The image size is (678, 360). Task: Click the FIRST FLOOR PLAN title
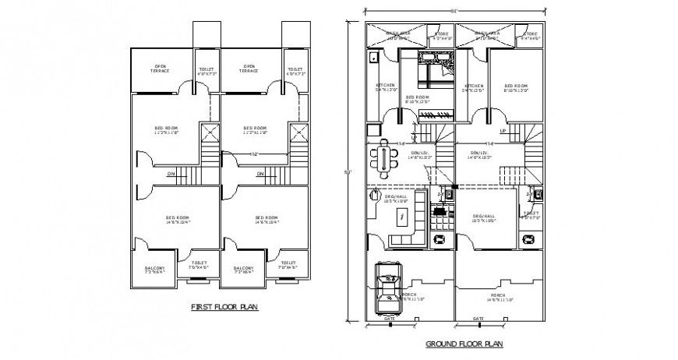(224, 308)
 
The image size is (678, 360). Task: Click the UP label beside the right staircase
(503, 131)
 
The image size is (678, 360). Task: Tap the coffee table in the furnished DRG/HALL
(401, 215)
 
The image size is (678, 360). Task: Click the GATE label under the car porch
(389, 319)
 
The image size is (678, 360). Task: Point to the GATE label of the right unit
(478, 319)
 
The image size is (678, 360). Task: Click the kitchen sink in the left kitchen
(373, 57)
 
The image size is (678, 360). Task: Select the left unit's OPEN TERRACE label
(161, 69)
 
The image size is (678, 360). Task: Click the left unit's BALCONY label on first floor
(154, 270)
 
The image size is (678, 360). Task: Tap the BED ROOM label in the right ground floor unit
(517, 86)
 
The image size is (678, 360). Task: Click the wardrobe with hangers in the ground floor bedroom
(430, 115)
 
